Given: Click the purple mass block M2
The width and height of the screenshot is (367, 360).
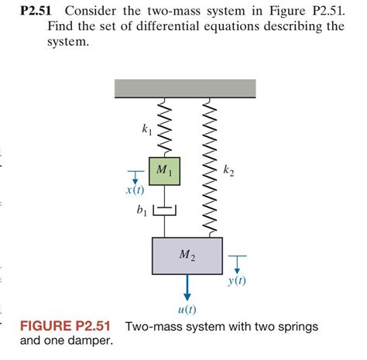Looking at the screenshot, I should click(187, 255).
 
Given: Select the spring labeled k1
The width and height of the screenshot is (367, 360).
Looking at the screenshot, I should click(163, 126).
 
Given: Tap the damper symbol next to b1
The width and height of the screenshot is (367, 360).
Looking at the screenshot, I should click(164, 209).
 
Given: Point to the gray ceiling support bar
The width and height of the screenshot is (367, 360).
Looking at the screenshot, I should click(185, 87).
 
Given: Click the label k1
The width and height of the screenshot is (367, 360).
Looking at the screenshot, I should click(147, 129).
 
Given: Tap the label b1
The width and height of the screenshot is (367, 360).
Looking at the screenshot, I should click(141, 211).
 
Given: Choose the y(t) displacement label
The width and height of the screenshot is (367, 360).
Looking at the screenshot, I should click(237, 281).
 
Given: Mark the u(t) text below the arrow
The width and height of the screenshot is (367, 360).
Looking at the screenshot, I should click(187, 309).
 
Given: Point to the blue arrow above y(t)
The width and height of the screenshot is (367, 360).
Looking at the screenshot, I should click(237, 266).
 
